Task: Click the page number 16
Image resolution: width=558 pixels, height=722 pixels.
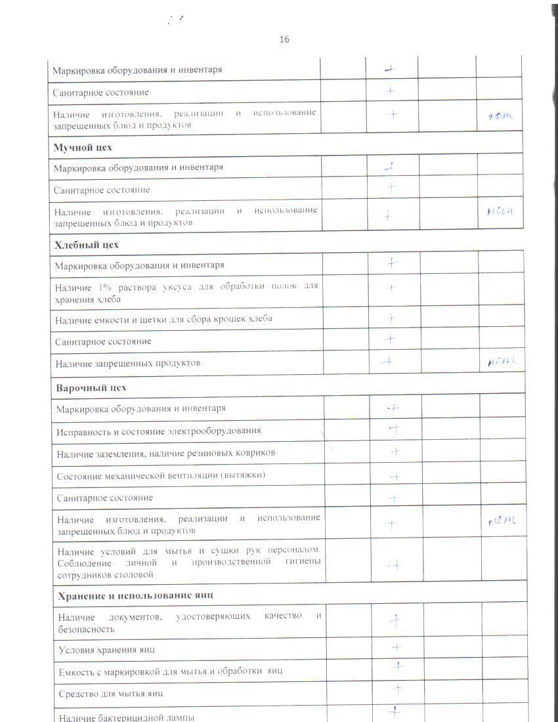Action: coord(284,39)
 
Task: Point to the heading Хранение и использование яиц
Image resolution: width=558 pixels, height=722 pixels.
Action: coord(135,595)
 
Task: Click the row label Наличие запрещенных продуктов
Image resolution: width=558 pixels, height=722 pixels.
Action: coord(127,363)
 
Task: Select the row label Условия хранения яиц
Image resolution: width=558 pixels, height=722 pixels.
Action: coord(106,650)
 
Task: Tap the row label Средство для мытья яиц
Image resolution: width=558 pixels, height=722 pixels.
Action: coord(110,693)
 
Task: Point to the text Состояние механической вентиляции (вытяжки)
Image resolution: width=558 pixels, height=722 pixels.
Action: coord(161,475)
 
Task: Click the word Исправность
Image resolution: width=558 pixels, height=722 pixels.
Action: coord(83,431)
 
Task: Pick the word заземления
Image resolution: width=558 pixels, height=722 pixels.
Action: coord(117,453)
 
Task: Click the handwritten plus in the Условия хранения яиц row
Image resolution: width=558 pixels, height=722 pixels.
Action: coord(397,647)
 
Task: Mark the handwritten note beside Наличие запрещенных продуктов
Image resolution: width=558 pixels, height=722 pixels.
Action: coord(503,361)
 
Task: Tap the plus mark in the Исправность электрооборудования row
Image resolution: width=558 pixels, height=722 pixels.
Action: coord(395,429)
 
